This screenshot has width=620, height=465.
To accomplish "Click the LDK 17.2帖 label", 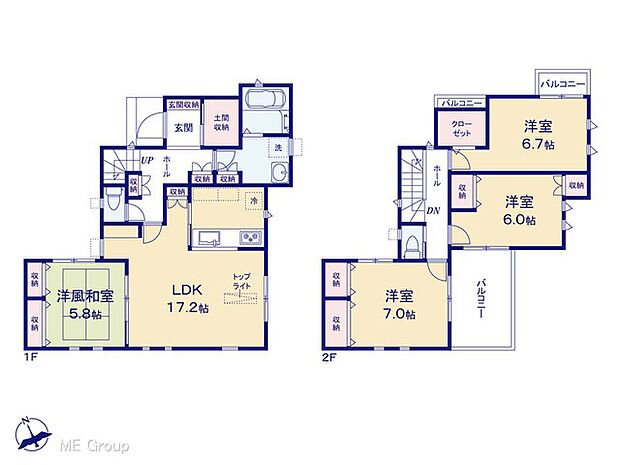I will pyautogui.click(x=185, y=300).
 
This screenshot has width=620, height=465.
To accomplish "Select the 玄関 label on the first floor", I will pyautogui.click(x=183, y=127).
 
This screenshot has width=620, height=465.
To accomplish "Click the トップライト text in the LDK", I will pyautogui.click(x=242, y=281).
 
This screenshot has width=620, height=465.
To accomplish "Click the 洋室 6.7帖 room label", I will pyautogui.click(x=537, y=137).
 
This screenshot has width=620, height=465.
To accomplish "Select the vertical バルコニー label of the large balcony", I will pyautogui.click(x=481, y=297).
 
